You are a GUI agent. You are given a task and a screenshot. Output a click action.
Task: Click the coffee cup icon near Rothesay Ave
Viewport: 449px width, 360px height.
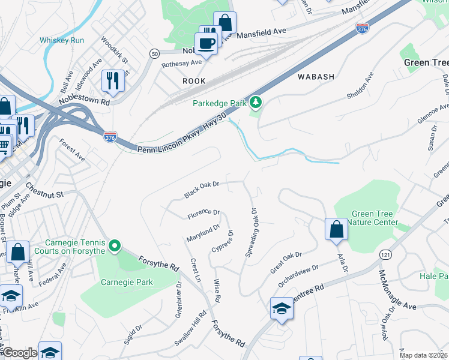coord(207,44)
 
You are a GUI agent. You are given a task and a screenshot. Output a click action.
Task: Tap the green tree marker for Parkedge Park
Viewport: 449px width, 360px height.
coord(256,103)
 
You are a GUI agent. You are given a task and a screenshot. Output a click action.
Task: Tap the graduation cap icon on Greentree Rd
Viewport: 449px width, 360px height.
coord(281,308)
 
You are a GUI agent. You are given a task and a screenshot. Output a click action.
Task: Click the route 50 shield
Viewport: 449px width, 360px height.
coord(155,54)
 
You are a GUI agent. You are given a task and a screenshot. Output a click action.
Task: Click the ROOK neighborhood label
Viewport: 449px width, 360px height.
coord(194,81)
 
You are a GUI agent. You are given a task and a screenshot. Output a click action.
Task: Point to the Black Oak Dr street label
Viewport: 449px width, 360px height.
coord(202,190)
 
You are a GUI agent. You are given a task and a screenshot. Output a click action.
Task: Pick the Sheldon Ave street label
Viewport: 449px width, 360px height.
coord(360,86)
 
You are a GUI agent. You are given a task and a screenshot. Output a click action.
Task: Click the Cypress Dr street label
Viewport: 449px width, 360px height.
coord(221,241)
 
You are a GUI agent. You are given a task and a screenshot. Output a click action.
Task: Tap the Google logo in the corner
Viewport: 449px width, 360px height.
coord(20,353)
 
